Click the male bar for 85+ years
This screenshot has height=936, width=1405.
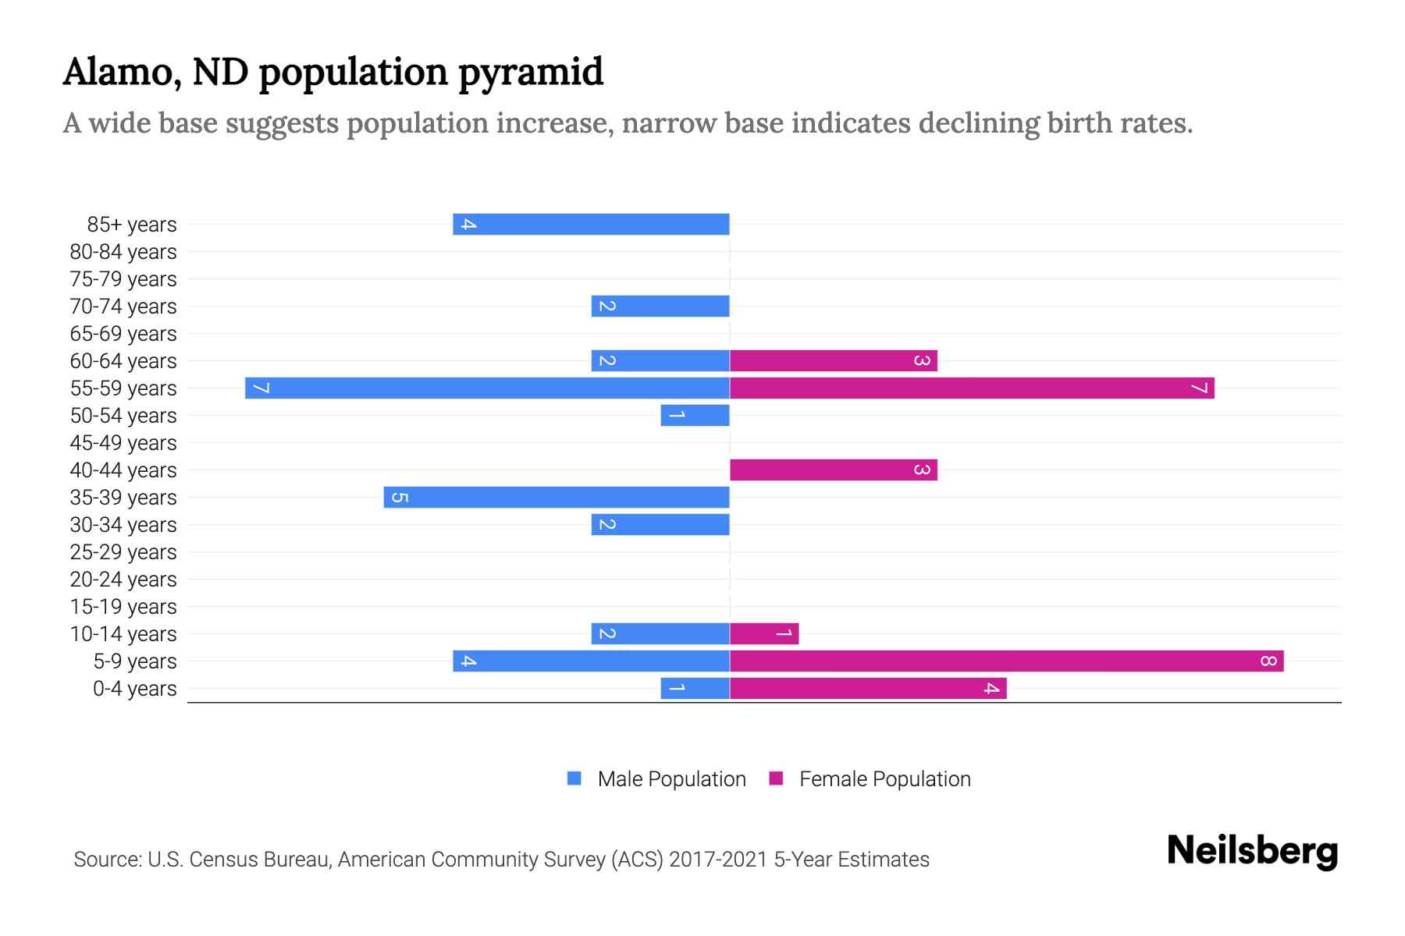point(591,224)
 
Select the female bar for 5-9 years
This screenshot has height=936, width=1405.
point(1006,661)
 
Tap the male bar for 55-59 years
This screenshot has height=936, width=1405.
point(487,388)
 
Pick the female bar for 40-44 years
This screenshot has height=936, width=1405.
point(833,470)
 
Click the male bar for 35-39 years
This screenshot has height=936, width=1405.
point(557,497)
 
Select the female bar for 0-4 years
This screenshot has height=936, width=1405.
point(868,689)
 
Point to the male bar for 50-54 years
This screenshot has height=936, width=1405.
point(695,415)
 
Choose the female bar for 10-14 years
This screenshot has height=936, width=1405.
point(764,633)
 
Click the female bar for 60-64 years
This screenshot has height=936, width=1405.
point(833,360)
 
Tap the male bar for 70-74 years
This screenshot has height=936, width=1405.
point(660,306)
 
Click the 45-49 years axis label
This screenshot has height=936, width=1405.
point(123,443)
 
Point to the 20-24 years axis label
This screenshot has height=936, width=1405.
point(123,580)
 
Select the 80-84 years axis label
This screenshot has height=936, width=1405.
point(123,252)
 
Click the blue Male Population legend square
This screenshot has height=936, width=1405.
point(574,778)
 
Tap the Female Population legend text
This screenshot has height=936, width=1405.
point(884,779)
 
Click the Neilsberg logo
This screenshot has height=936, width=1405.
point(1252,851)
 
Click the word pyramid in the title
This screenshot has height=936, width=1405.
point(530,73)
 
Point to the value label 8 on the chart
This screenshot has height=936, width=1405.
point(1268,661)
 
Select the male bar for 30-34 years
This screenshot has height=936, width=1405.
point(660,524)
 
